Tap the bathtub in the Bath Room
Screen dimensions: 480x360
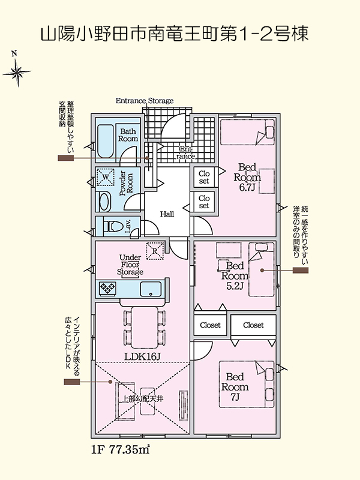click(106, 142)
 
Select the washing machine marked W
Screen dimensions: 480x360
click(106, 178)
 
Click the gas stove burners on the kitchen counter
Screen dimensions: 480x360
click(108, 289)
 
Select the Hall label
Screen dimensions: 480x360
click(167, 214)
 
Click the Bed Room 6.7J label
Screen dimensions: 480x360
click(247, 176)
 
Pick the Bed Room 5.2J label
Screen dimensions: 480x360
click(233, 275)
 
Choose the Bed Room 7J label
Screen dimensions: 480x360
click(236, 387)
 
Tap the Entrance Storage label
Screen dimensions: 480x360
click(144, 101)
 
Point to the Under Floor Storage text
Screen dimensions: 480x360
click(130, 264)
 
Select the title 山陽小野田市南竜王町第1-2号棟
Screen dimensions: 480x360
click(175, 34)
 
